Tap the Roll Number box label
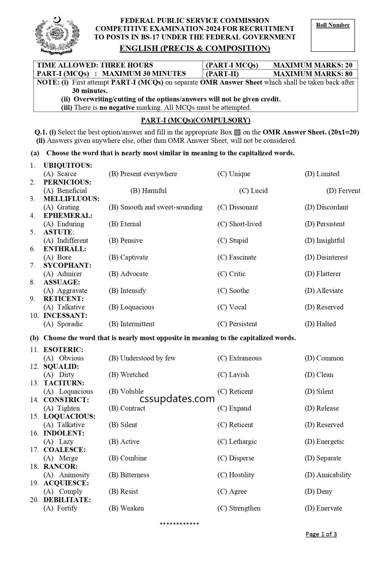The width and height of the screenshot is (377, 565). (332, 25)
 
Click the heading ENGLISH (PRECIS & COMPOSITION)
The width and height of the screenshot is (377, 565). (195, 48)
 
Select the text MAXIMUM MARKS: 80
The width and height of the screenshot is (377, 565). (313, 74)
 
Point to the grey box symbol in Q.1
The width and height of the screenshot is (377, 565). (237, 132)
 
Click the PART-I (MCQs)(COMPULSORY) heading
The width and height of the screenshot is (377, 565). (195, 120)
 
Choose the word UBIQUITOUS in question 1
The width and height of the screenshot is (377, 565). (68, 166)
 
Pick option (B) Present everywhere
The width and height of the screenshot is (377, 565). (143, 174)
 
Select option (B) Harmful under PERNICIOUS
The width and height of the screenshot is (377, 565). (148, 191)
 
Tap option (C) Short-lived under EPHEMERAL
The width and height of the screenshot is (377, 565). (239, 224)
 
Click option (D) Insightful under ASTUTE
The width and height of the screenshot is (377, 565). (324, 241)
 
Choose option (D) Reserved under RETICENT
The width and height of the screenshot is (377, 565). (324, 307)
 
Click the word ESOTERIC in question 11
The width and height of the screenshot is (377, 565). (63, 350)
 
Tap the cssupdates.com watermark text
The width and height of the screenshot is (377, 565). (177, 399)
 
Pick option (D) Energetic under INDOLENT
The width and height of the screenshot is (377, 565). (324, 441)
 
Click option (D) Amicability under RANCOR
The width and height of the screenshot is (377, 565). (328, 475)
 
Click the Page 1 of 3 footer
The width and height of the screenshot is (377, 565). (321, 534)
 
